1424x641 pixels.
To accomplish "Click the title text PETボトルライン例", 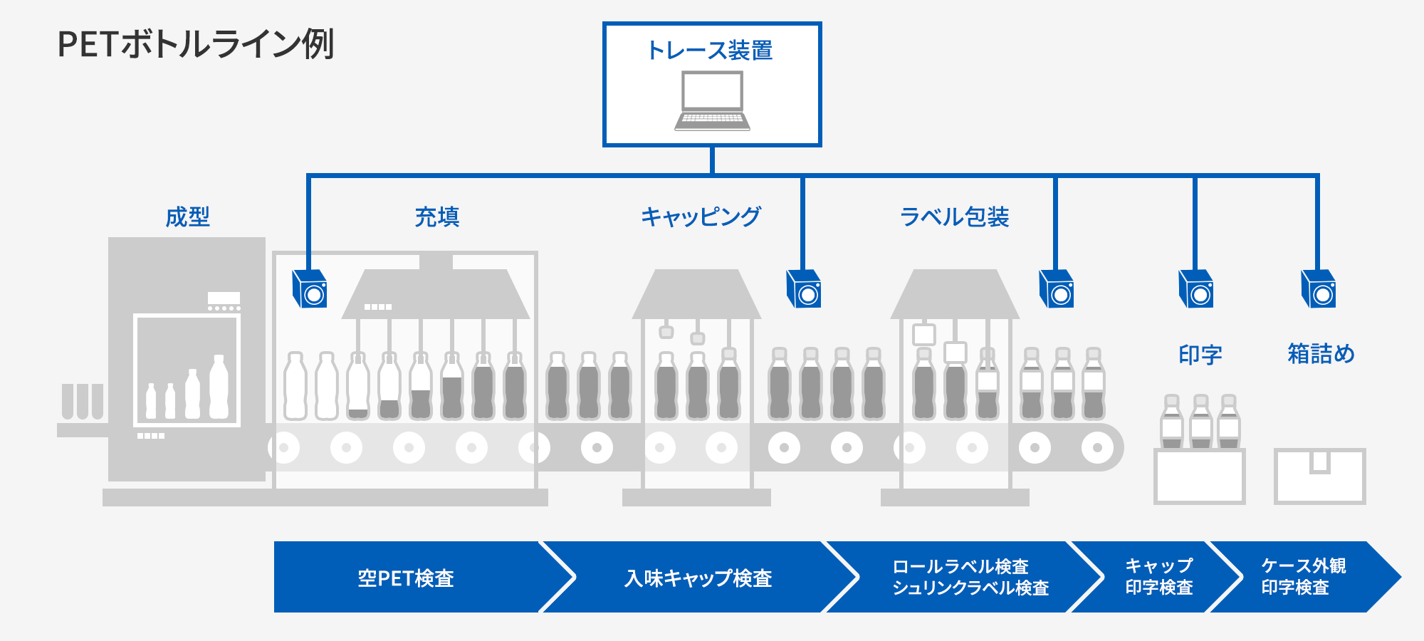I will click(195, 44).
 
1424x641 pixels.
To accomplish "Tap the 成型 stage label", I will click(187, 217).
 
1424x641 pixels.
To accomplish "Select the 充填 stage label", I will click(436, 217).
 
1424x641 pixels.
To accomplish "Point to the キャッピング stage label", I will click(701, 217).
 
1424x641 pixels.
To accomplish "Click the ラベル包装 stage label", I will click(954, 217).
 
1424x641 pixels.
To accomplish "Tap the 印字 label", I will click(1200, 354).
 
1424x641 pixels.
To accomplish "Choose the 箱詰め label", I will click(1321, 354).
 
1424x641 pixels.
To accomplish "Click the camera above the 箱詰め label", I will click(1319, 289).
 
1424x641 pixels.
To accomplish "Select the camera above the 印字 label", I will click(1196, 289).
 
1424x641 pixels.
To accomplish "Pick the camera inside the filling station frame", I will click(310, 289).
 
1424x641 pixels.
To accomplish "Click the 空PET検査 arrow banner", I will click(406, 578).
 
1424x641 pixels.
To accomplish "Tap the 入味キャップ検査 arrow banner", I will click(698, 578).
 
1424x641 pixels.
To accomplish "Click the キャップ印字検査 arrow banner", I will click(1158, 578).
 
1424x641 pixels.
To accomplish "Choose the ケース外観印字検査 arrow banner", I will click(1303, 578).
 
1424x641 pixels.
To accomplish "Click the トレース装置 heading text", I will click(710, 51).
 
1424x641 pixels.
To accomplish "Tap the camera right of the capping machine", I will click(804, 289).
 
